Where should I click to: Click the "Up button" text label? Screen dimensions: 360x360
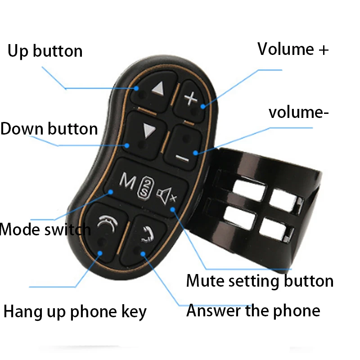click(45, 51)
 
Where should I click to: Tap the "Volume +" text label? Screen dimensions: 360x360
click(293, 49)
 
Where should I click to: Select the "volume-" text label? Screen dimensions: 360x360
click(298, 112)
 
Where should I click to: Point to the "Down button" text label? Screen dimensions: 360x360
click(49, 129)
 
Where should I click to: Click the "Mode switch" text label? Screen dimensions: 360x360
click(45, 229)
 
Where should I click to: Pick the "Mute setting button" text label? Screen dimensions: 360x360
click(260, 281)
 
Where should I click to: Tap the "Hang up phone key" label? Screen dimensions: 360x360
click(75, 311)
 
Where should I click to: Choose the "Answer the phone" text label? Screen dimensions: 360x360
click(253, 310)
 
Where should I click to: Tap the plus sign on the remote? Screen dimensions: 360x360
click(191, 98)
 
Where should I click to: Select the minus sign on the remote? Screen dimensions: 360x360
click(182, 157)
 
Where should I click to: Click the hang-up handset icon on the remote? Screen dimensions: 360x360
click(105, 222)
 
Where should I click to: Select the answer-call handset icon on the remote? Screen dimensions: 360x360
click(145, 234)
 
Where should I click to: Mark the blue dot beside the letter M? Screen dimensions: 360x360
click(111, 192)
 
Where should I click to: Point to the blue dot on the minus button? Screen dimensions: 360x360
click(195, 153)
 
